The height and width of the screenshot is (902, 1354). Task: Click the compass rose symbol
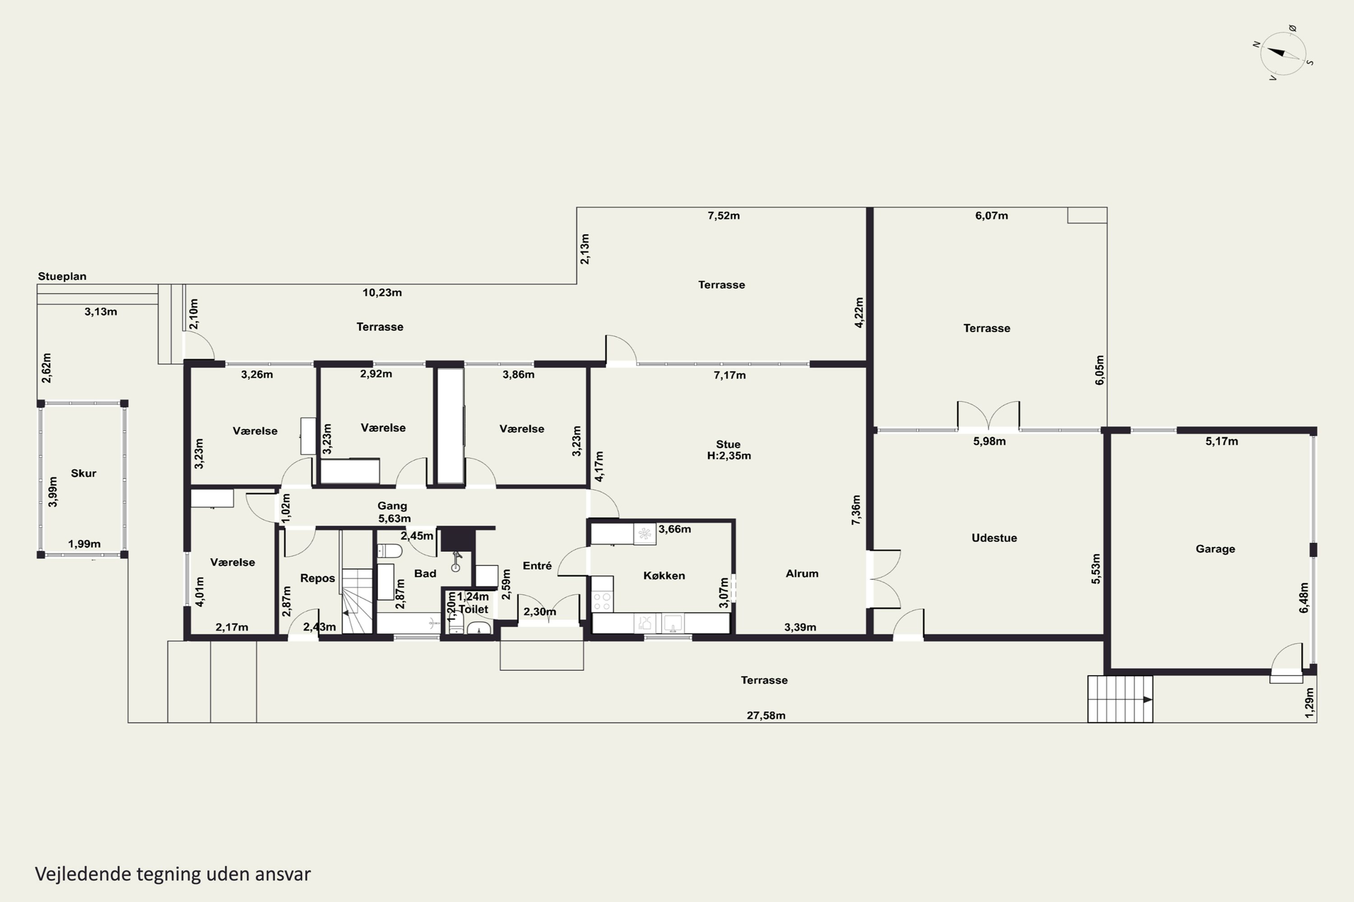click(x=1283, y=53)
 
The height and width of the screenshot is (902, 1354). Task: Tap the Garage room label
click(x=1215, y=549)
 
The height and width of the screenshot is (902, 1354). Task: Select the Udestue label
click(x=994, y=538)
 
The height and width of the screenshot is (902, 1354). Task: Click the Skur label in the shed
click(x=83, y=474)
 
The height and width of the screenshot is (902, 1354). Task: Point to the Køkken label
click(x=664, y=575)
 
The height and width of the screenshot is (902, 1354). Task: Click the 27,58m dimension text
click(x=765, y=716)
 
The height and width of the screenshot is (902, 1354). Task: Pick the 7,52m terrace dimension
click(x=723, y=216)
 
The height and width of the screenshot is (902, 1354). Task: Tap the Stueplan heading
click(x=62, y=276)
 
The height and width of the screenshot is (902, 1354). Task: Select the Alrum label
click(x=802, y=574)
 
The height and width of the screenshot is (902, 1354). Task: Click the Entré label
click(x=537, y=566)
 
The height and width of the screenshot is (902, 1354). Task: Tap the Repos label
click(x=317, y=578)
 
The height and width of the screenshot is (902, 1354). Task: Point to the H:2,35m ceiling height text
click(x=729, y=456)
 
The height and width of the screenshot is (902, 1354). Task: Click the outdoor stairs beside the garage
click(x=1120, y=699)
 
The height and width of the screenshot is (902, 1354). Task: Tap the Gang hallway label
click(x=392, y=506)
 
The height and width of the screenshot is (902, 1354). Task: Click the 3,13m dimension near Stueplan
click(x=101, y=312)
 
